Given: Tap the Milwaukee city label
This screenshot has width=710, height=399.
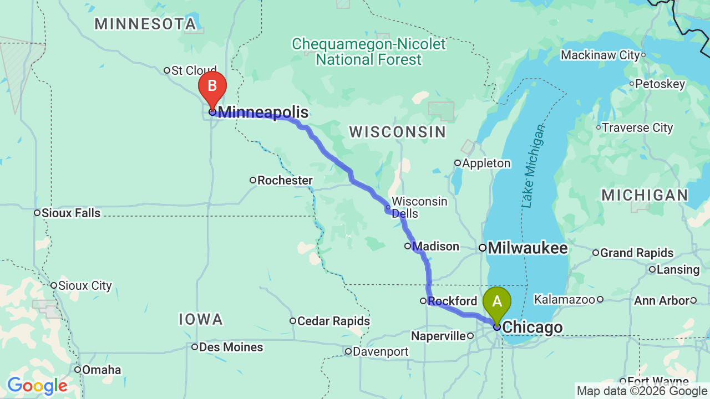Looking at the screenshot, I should pyautogui.click(x=527, y=248).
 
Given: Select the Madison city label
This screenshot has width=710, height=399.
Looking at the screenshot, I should pyautogui.click(x=436, y=246).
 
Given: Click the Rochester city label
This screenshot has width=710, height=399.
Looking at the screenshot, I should pyautogui.click(x=285, y=180).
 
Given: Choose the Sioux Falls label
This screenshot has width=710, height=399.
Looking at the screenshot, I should pyautogui.click(x=71, y=213).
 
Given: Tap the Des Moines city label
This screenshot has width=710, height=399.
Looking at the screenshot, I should pyautogui.click(x=231, y=347).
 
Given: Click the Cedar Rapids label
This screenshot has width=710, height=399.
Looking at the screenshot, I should pyautogui.click(x=333, y=321).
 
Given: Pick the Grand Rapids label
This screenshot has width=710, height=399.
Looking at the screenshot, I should pyautogui.click(x=636, y=253).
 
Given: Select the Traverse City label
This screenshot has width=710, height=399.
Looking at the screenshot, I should pyautogui.click(x=637, y=128).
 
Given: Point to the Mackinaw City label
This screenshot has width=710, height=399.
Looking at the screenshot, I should pyautogui.click(x=600, y=55).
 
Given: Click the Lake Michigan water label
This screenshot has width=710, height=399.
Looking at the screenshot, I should pyautogui.click(x=533, y=167).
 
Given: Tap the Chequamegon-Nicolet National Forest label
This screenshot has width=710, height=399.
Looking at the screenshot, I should pyautogui.click(x=369, y=52).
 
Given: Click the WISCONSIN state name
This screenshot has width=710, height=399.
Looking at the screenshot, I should pyautogui.click(x=397, y=132).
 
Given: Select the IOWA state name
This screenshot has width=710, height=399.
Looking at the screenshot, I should pyautogui.click(x=201, y=319).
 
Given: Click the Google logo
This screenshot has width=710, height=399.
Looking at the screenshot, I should pyautogui.click(x=37, y=386).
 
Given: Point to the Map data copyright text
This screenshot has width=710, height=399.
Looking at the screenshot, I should pyautogui.click(x=641, y=391).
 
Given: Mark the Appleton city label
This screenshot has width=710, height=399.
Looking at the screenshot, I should pyautogui.click(x=485, y=163).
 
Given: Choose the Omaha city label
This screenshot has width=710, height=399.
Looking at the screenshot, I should pyautogui.click(x=102, y=370).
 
